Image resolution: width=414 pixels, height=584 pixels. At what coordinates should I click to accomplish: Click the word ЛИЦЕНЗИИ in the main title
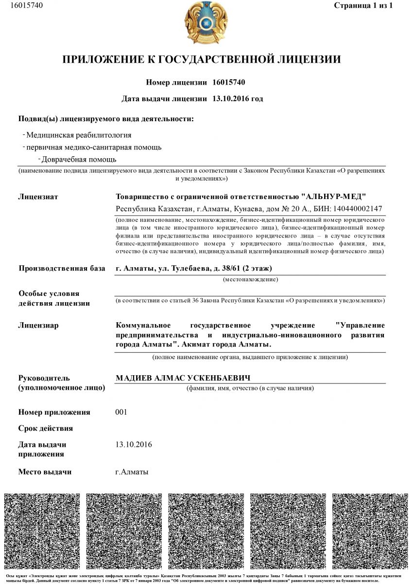[301, 60]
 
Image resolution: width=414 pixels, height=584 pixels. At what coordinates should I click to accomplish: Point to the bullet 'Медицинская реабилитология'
[79, 135]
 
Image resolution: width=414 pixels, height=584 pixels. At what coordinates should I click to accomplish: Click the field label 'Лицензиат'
[38, 197]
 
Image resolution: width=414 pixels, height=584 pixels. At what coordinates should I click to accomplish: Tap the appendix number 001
[121, 412]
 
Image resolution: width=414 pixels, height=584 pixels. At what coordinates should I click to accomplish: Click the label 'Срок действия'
[46, 428]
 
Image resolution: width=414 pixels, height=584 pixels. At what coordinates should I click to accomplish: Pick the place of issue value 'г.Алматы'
[132, 472]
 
